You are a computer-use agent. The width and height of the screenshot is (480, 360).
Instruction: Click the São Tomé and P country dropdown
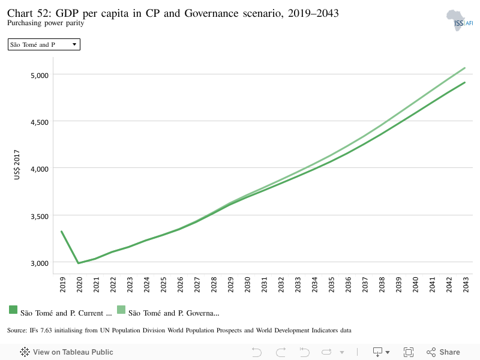coord(44,44)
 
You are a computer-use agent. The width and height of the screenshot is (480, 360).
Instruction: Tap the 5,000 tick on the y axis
coord(40,76)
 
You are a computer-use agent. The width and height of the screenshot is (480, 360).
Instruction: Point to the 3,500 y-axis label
coord(40,217)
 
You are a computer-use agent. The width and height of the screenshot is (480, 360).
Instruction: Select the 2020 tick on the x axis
coord(79,284)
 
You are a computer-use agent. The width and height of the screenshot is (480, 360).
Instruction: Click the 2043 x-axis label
coord(466,284)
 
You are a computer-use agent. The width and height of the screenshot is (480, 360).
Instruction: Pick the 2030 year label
coord(247,284)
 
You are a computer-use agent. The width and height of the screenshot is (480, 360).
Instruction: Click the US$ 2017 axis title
coord(17,164)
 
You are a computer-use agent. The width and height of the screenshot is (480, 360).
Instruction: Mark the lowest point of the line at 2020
coord(79,263)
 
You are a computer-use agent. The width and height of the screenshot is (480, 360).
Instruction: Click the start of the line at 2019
coord(62,232)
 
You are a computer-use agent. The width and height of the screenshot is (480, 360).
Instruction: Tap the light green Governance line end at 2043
coord(464,68)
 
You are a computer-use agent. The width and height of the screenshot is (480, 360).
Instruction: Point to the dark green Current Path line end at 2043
coord(464,82)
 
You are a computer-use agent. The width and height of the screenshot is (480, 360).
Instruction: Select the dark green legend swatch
coord(13,310)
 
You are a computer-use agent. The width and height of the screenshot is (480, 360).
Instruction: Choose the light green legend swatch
coord(121,310)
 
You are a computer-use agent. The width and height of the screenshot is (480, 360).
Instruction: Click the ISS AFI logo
coord(460,20)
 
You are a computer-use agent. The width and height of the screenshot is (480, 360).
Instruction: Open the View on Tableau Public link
coord(67,352)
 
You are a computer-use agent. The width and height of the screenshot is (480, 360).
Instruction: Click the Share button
coord(443,352)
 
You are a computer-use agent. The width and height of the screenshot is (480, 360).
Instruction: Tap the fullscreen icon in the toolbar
coord(409,352)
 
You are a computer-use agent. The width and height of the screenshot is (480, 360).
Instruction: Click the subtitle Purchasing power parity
coord(46,23)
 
